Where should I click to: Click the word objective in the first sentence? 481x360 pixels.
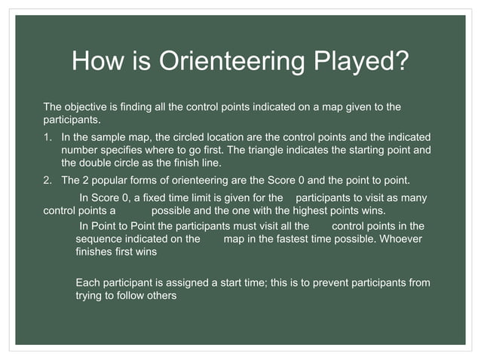(x=87, y=107)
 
